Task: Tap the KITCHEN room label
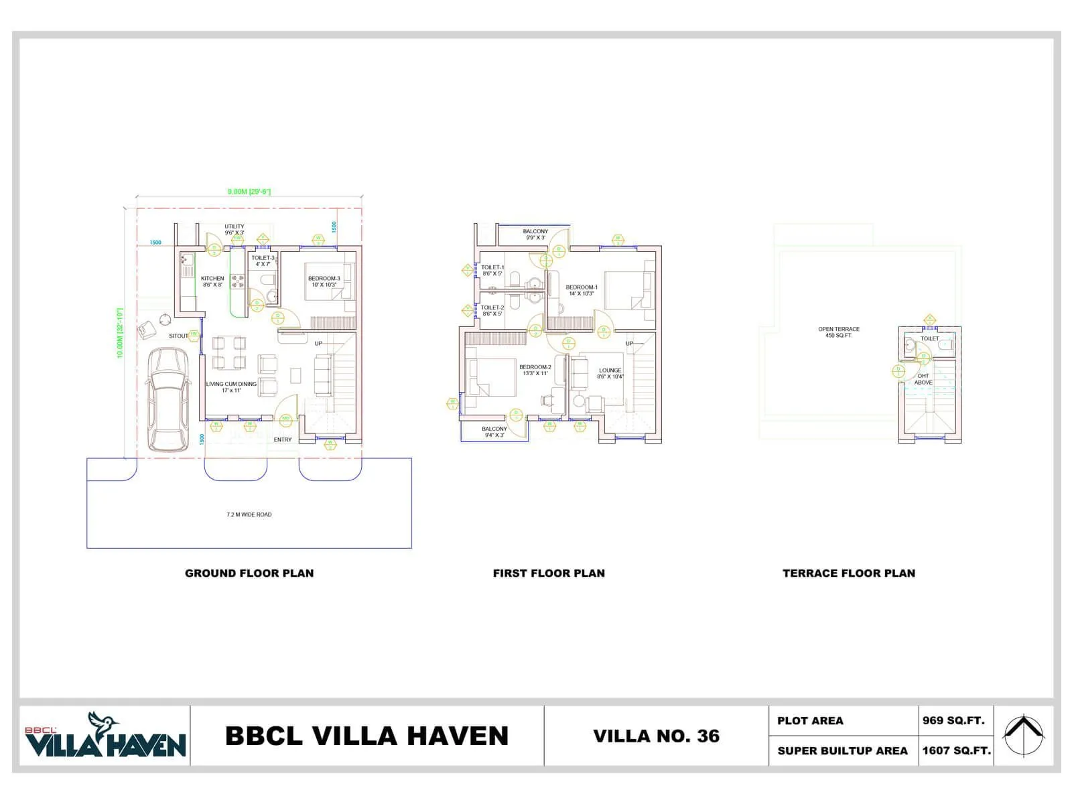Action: pos(212,281)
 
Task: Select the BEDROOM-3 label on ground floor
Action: pos(324,281)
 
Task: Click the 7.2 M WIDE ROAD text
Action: pos(249,515)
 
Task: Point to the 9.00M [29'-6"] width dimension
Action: pos(249,192)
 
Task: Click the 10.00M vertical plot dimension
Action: pos(120,333)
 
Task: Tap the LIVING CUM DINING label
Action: pos(231,387)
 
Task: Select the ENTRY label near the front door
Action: pos(283,440)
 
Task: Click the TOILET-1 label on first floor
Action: pos(492,270)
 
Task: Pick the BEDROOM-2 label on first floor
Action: pos(535,370)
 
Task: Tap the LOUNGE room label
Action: pos(610,373)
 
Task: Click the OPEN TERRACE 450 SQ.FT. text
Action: pos(838,332)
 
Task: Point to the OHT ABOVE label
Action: pos(923,379)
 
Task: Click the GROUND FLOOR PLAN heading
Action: pos(249,574)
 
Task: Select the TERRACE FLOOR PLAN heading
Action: pos(848,574)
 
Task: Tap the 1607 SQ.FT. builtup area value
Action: pos(956,750)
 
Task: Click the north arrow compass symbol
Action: pos(1023,735)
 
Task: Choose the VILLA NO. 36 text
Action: pos(656,736)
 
